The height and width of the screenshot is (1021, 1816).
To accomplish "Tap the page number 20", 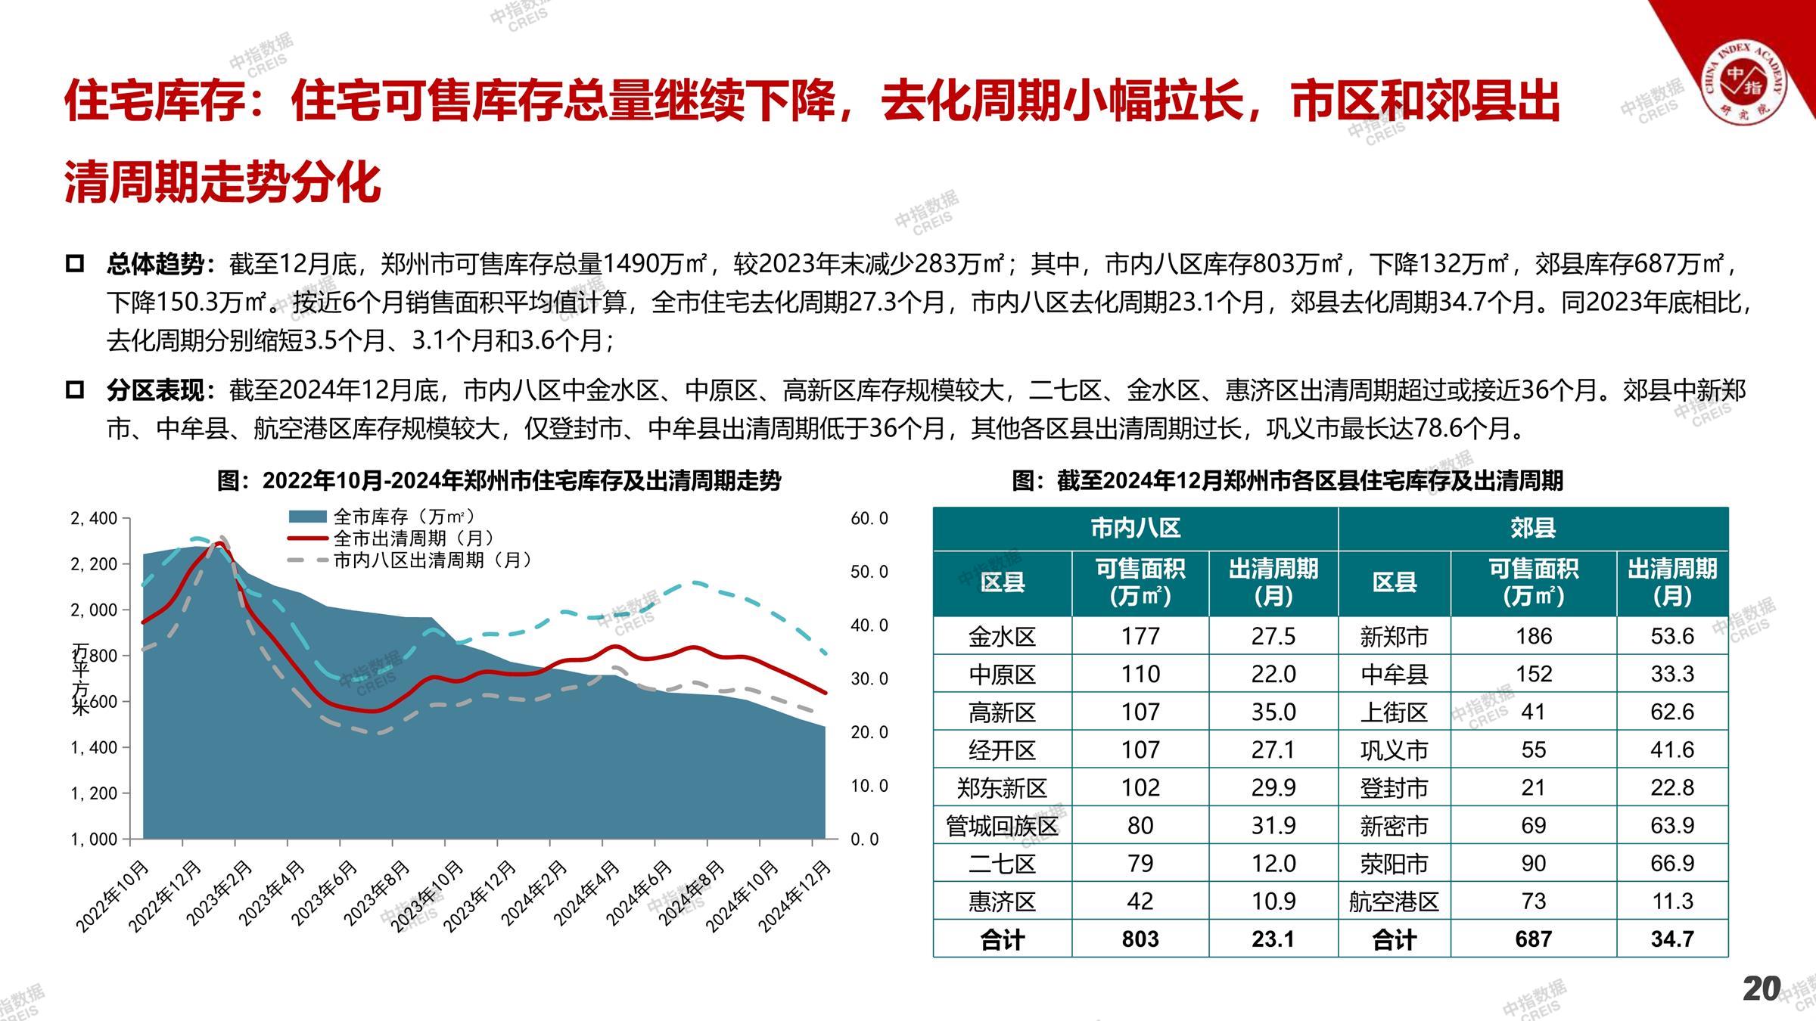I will click(x=1762, y=988).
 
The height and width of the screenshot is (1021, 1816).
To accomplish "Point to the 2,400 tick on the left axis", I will click(x=94, y=519).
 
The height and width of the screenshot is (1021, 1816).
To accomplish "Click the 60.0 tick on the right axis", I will click(x=869, y=519).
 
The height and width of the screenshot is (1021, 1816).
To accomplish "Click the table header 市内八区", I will click(x=1135, y=528).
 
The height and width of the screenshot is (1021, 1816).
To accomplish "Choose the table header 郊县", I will click(x=1533, y=528).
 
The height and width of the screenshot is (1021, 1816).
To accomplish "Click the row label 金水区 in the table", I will click(x=1002, y=636).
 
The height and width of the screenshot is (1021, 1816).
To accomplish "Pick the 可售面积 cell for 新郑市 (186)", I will click(x=1534, y=636).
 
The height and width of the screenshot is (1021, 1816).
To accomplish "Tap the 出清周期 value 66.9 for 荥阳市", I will click(x=1671, y=863).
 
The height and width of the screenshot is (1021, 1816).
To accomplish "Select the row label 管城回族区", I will click(x=1002, y=825).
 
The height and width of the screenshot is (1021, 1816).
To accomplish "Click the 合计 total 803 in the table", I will click(x=1140, y=939).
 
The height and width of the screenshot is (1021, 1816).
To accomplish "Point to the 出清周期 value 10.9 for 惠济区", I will click(x=1273, y=901).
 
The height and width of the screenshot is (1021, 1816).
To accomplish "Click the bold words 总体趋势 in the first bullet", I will click(x=155, y=264).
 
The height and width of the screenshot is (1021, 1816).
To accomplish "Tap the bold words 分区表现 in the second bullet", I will click(x=155, y=390).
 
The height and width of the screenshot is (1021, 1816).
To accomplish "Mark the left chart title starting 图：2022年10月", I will click(x=499, y=481).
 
